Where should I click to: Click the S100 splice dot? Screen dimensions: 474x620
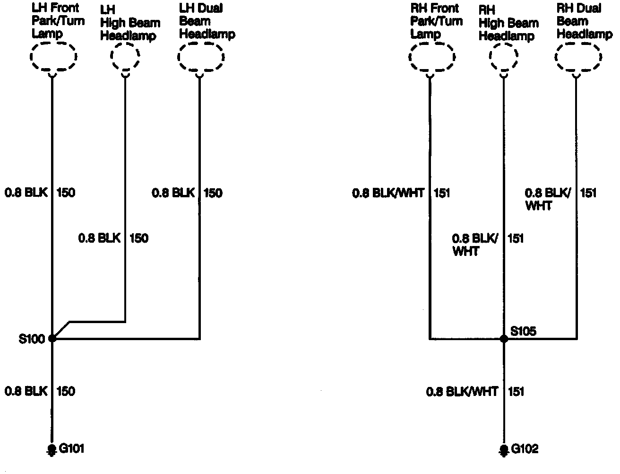(x=52, y=338)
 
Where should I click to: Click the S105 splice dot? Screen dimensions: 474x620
(x=504, y=339)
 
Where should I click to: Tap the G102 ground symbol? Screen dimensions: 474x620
(x=504, y=449)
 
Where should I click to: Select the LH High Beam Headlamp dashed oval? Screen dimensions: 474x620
(x=125, y=57)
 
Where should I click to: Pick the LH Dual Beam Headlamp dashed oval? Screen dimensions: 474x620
(x=200, y=57)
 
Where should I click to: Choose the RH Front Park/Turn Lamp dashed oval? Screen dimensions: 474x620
(x=431, y=57)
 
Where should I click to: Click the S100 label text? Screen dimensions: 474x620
(x=32, y=339)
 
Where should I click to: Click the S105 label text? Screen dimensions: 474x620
(x=524, y=331)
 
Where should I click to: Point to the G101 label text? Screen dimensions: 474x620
(x=71, y=448)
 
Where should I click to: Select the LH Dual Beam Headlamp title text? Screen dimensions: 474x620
(x=206, y=21)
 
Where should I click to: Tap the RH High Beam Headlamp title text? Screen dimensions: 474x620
(x=508, y=23)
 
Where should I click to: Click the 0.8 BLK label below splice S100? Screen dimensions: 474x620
(x=26, y=391)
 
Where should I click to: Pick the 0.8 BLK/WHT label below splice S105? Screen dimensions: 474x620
(x=462, y=392)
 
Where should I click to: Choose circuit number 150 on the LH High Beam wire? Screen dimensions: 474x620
(x=138, y=238)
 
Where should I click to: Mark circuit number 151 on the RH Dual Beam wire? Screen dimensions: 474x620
(x=588, y=193)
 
